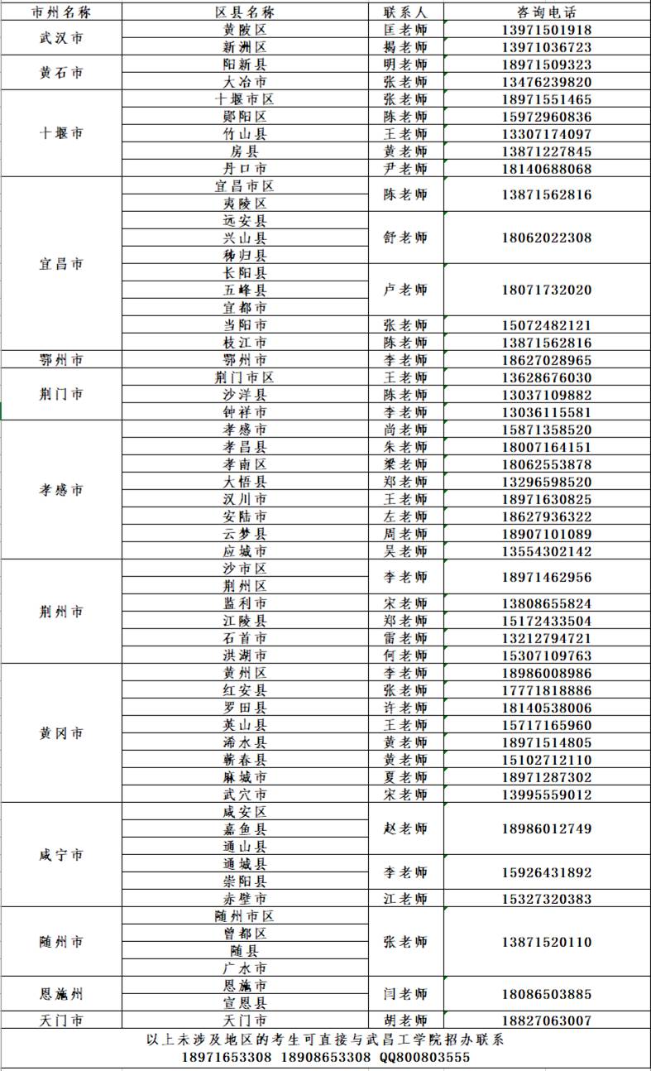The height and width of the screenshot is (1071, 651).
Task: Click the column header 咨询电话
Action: pos(546,12)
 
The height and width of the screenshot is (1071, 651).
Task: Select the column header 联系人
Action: pos(405,12)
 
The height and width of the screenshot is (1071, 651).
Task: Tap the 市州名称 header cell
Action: pos(61,12)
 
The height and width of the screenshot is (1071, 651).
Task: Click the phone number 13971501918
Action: pos(546,30)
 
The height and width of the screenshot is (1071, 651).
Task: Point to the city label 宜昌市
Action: pos(61,264)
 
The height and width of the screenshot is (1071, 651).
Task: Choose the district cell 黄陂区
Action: pos(245,30)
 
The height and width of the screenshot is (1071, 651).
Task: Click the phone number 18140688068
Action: pos(546,169)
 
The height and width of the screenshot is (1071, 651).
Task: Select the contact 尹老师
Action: pos(405,169)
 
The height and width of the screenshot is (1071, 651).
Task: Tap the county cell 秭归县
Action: pos(245,256)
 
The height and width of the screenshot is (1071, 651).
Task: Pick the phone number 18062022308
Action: pos(546,238)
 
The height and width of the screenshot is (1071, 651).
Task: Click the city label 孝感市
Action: pos(61,490)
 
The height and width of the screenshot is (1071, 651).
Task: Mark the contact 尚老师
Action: pos(405,430)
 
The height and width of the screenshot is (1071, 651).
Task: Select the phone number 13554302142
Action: pos(546,551)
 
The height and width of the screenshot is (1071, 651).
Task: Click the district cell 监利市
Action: pos(245,603)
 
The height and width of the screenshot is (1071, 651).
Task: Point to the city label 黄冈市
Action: pos(61,733)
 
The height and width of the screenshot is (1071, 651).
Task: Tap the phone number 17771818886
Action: pos(546,690)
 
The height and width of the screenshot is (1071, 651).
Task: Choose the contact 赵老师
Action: pos(405,828)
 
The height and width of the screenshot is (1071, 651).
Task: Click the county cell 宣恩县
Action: pos(245,1003)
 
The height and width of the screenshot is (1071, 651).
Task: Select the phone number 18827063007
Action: pos(546,1021)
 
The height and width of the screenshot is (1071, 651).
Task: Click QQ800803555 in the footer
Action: pos(425,1058)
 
